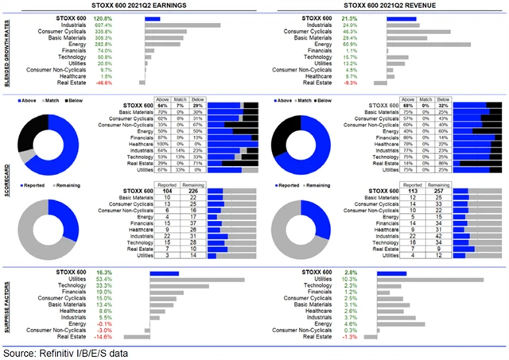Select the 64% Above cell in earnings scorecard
click(162, 106)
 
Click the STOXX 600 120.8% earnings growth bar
click(153, 17)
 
